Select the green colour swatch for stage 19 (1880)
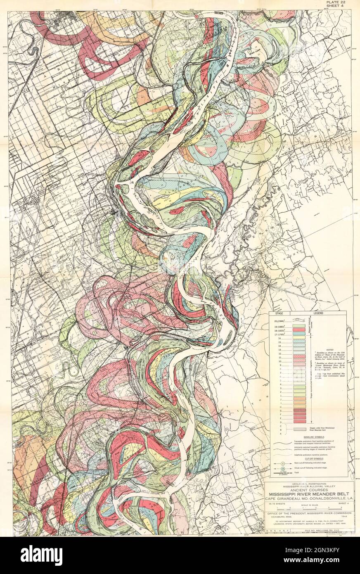coord(299,326)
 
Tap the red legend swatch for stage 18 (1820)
coord(299,331)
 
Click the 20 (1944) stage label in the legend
coord(281,320)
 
